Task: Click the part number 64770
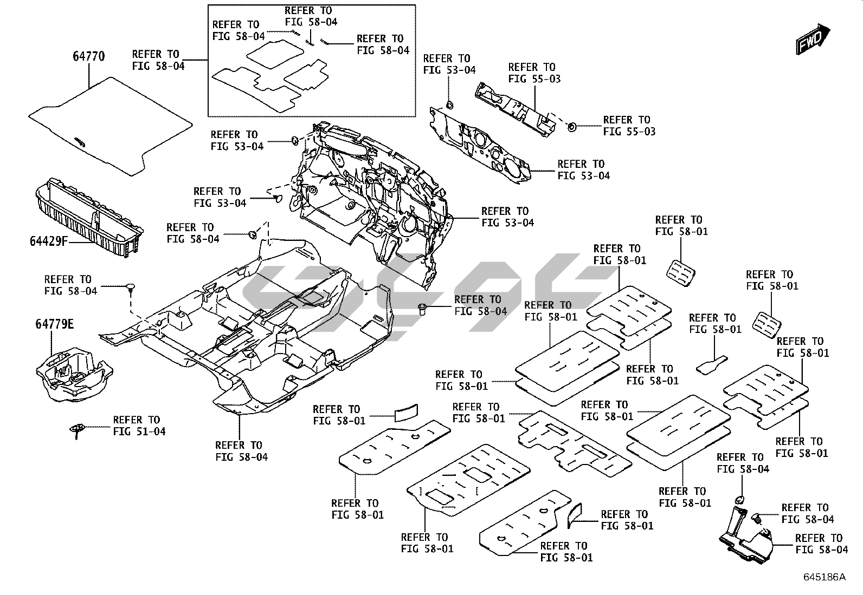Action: [88, 56]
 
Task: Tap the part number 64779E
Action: [54, 324]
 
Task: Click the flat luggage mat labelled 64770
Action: [108, 125]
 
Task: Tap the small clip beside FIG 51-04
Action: [78, 430]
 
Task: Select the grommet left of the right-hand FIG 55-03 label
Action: [571, 127]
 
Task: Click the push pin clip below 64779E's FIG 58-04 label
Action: [131, 287]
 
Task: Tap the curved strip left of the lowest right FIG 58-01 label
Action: [574, 515]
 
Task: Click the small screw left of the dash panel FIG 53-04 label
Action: [278, 198]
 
